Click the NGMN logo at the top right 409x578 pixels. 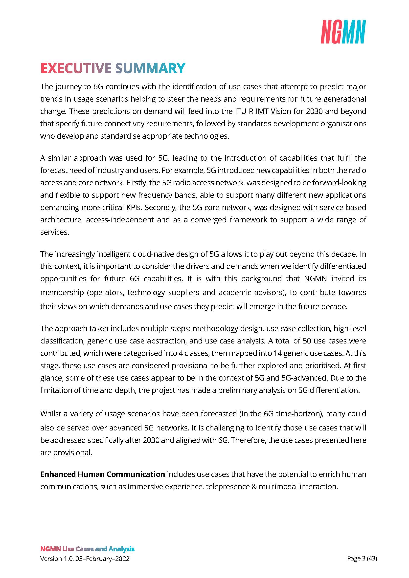click(343, 32)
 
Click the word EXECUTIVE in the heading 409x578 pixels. click(76, 68)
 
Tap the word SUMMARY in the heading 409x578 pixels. click(150, 68)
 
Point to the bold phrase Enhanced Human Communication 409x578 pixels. click(103, 474)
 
